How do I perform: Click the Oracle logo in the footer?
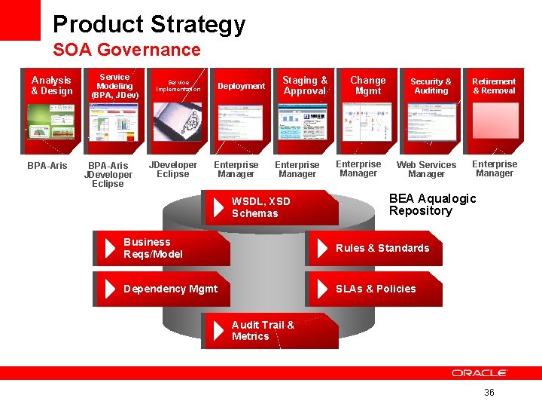click(x=480, y=373)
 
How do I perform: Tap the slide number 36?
click(x=489, y=393)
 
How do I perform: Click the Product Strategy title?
click(x=149, y=24)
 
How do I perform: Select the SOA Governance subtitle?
click(x=126, y=50)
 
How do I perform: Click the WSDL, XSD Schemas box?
click(x=271, y=207)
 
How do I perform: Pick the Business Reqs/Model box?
click(x=162, y=248)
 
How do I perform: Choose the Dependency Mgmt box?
click(x=162, y=289)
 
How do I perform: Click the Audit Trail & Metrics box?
click(x=271, y=331)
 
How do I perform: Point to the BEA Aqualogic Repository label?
click(x=432, y=204)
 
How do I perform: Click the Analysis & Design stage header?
click(x=52, y=85)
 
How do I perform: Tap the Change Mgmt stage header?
click(x=367, y=85)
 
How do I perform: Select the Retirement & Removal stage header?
click(x=494, y=86)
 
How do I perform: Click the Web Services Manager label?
click(x=426, y=169)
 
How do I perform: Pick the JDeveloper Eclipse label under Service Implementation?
click(x=173, y=169)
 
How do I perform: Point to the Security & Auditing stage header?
click(x=431, y=86)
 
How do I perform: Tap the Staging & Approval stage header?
click(x=305, y=85)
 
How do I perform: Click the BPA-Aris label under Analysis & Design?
click(x=47, y=165)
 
